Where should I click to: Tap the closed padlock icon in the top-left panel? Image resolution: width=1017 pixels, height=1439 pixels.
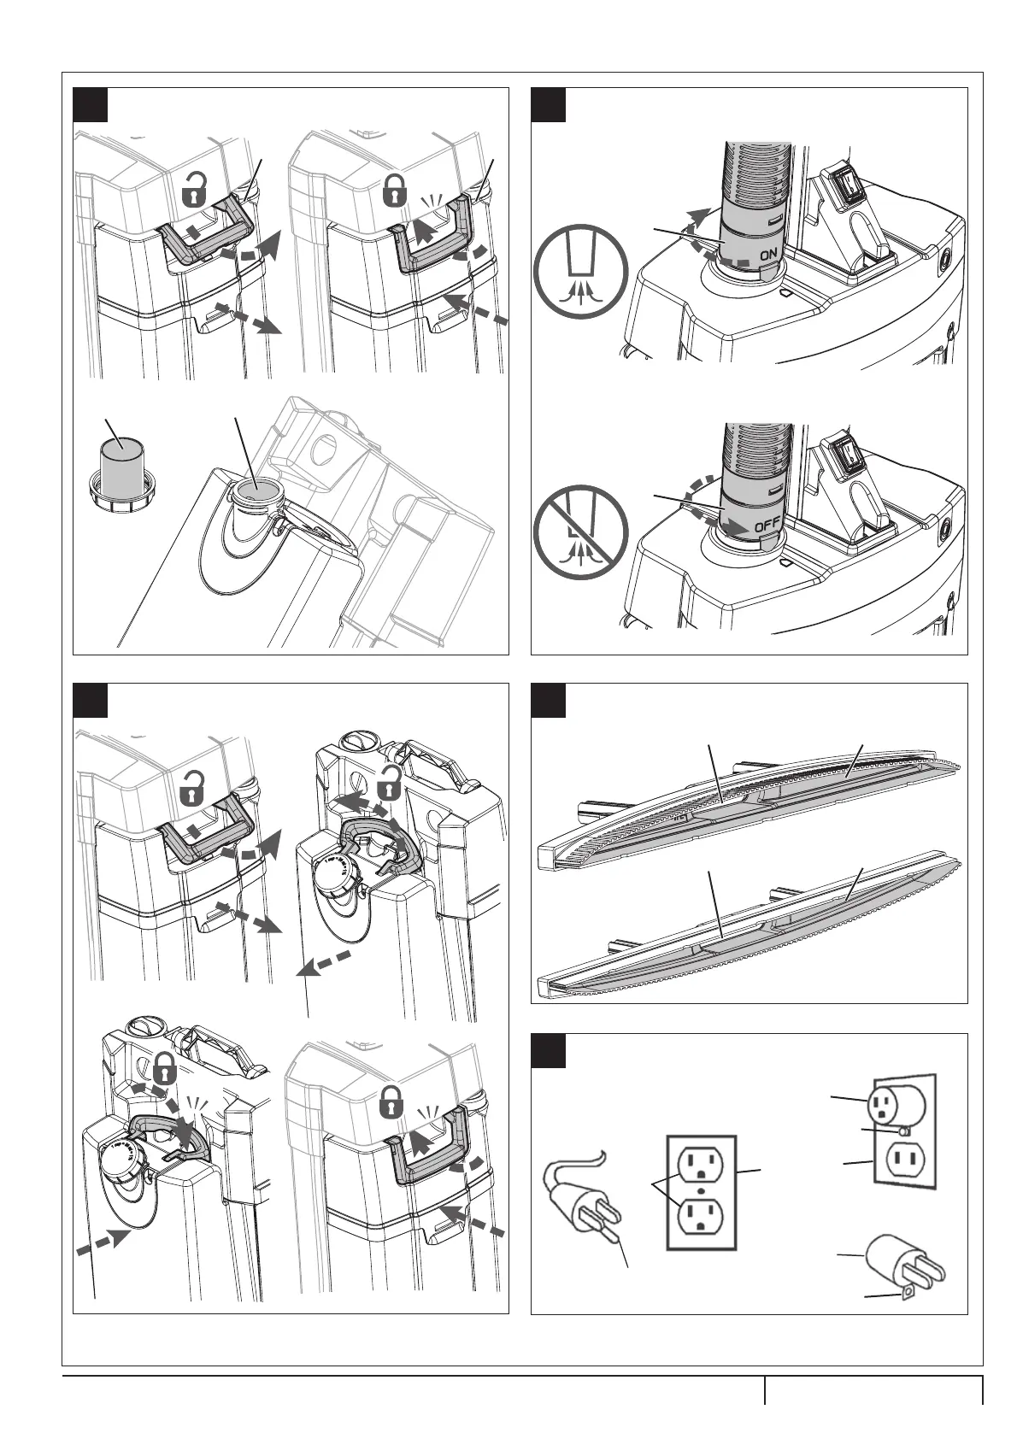pos(393,191)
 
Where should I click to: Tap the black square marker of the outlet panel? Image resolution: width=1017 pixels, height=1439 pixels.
pos(549,1050)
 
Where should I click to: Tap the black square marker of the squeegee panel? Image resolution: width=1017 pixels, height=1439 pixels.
pos(549,700)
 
